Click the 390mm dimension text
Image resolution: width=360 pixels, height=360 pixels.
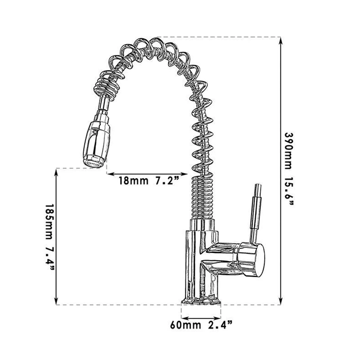point(288,151)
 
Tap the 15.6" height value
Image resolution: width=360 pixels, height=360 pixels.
point(289,191)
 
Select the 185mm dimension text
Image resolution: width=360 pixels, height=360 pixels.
point(49,222)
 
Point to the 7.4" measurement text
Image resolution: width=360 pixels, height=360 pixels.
point(50,258)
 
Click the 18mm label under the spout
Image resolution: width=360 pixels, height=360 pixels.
point(133,181)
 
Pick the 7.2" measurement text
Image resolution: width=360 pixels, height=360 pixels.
point(167,181)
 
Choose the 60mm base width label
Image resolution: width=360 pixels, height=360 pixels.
point(185,325)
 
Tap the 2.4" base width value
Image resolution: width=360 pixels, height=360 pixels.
point(220,325)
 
